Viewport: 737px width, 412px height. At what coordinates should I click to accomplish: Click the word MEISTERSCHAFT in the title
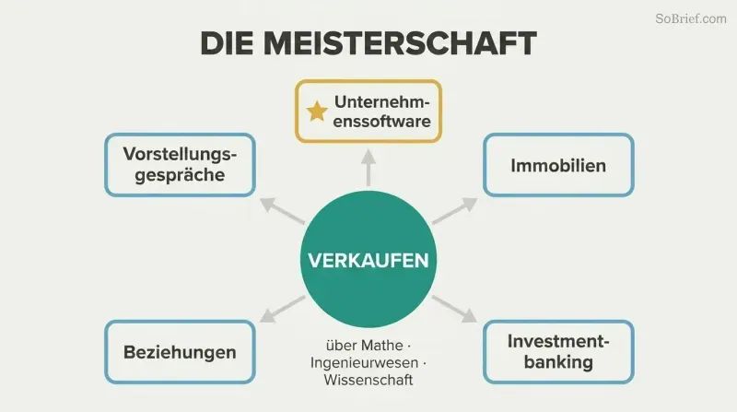(400, 43)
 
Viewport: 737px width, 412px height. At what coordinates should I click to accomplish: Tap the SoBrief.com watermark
(690, 18)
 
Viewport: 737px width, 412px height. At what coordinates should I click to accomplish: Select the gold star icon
(317, 112)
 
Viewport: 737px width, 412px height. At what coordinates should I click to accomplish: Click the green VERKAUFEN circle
(368, 259)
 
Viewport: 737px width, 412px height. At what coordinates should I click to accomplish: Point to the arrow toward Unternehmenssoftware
(368, 168)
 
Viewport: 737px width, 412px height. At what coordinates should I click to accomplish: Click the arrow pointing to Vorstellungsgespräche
(283, 211)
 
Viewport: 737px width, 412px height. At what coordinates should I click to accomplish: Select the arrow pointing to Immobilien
(454, 211)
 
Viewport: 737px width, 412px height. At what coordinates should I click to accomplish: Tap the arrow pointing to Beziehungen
(283, 309)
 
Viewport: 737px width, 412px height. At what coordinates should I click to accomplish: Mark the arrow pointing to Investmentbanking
(454, 309)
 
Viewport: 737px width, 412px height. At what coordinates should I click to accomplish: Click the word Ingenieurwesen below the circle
(364, 362)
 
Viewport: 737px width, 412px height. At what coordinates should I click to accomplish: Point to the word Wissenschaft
(368, 380)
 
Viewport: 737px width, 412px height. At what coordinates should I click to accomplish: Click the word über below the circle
(338, 346)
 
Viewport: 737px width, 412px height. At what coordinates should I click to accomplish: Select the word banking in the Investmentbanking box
(558, 362)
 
